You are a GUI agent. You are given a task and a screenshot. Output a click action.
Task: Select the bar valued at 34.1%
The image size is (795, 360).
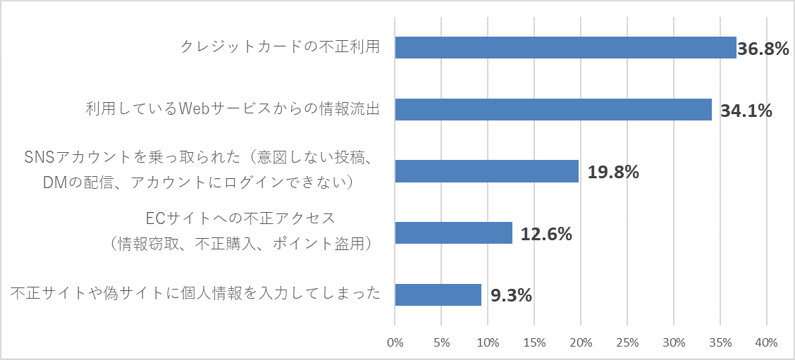[x=553, y=109]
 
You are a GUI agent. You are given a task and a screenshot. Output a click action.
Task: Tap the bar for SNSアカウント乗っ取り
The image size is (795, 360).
[x=486, y=171]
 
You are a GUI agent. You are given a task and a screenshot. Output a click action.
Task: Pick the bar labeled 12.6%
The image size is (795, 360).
[x=453, y=233]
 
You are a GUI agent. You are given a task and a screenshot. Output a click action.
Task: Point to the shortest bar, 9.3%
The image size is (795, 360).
[x=438, y=295]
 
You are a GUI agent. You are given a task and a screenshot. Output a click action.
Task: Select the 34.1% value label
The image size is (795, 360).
[x=746, y=111]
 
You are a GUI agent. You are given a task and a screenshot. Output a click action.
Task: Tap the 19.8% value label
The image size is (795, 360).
[x=613, y=172]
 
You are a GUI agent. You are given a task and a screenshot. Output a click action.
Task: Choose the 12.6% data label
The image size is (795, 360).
[x=546, y=234]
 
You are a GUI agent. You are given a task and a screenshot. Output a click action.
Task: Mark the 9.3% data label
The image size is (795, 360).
[x=511, y=296]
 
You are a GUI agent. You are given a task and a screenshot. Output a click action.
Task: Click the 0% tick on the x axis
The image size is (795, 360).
[x=395, y=343]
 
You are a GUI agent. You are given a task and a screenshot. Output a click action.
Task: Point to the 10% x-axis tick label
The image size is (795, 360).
[x=488, y=343]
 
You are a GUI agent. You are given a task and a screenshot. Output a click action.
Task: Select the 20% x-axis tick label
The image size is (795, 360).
[x=581, y=343]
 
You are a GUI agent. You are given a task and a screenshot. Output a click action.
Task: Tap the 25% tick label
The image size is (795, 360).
[x=627, y=343]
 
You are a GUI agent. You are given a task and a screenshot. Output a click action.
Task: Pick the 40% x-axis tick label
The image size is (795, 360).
[x=766, y=343]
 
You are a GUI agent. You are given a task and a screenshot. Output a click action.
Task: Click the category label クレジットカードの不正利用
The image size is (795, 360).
[x=281, y=47]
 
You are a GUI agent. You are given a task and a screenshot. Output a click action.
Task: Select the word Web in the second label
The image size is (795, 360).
[x=195, y=110]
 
